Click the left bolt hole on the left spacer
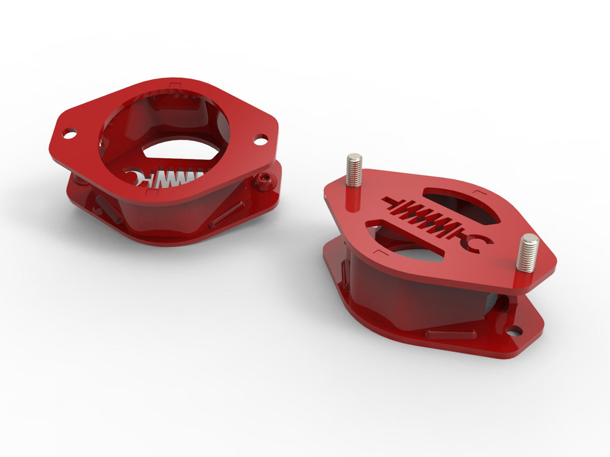point(70,134)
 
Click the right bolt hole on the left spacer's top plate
point(260,140)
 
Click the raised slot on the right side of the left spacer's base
point(227,214)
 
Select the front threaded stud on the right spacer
point(527,253)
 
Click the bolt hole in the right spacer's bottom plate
point(513,330)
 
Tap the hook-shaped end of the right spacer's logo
point(480,243)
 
